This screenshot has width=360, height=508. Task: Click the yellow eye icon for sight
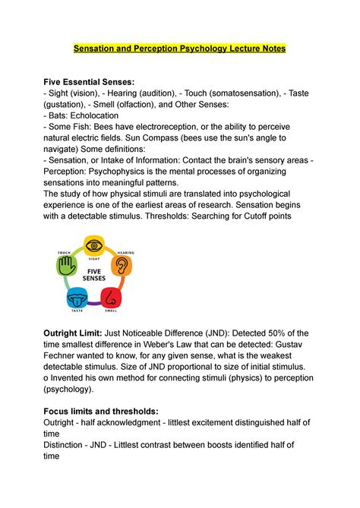(x=94, y=245)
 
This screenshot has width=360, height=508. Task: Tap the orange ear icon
(x=121, y=265)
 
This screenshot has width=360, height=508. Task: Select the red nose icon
(x=112, y=296)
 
